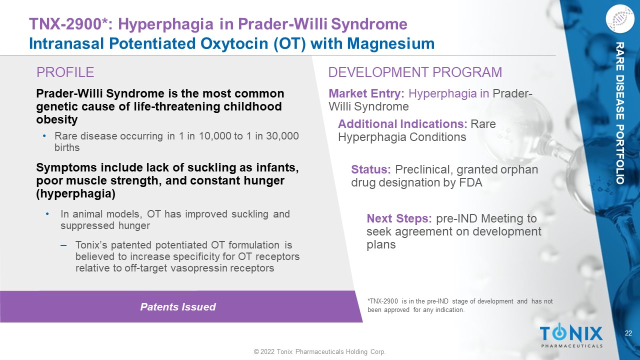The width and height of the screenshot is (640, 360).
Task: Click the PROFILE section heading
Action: [x=65, y=72]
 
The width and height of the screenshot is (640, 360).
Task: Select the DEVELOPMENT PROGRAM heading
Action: [x=415, y=72]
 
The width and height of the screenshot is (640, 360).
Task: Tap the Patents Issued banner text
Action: [x=178, y=307]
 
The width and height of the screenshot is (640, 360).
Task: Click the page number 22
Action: [x=628, y=333]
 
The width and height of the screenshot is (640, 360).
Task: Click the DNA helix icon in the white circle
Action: [x=620, y=19]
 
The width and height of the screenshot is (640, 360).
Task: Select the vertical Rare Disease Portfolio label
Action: [x=619, y=113]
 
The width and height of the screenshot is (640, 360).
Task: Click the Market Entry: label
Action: [x=366, y=93]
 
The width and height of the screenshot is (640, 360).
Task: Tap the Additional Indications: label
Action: [x=402, y=124]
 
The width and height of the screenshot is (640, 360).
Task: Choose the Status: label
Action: [x=371, y=169]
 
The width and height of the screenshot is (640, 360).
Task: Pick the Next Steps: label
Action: [x=399, y=218]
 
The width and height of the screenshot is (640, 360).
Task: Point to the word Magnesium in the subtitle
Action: [x=391, y=43]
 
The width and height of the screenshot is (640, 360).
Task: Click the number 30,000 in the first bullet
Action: [x=282, y=136]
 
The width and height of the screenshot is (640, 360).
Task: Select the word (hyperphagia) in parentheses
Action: [x=75, y=193]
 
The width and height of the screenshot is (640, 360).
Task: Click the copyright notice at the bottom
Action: [x=319, y=351]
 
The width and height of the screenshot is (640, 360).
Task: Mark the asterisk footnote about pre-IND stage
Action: [x=460, y=305]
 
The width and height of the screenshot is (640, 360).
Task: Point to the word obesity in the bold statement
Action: [x=57, y=119]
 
